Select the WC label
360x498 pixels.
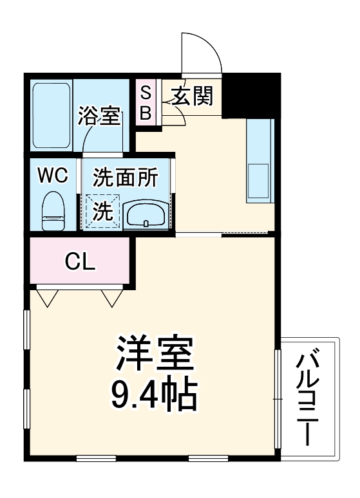pos(52,176)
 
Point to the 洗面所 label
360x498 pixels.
pos(126,178)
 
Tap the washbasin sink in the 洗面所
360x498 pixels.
pos(146,213)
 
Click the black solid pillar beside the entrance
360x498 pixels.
pos(252,93)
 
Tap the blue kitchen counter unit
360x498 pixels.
pos(261,161)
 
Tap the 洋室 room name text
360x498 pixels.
pos(155,353)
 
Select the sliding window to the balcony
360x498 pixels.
pos(278,399)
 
